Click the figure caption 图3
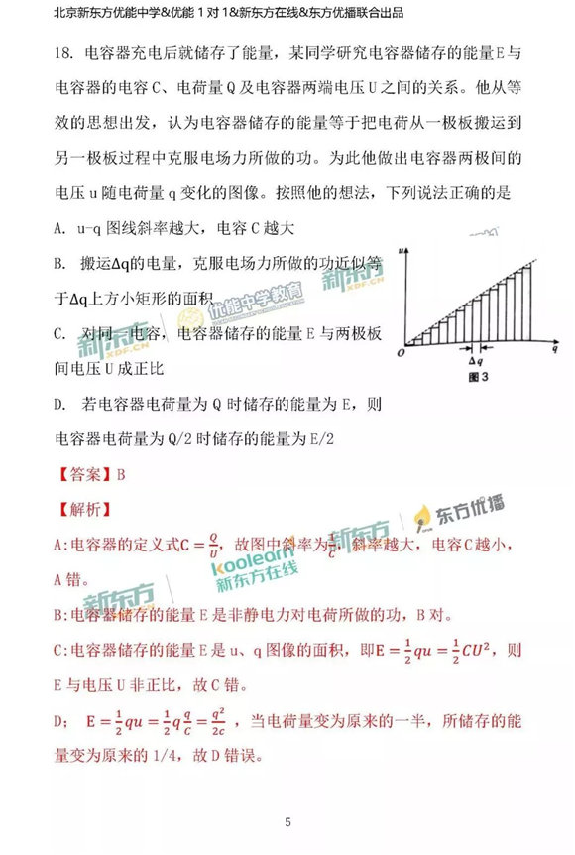click(x=478, y=377)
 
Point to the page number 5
click(x=287, y=822)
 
